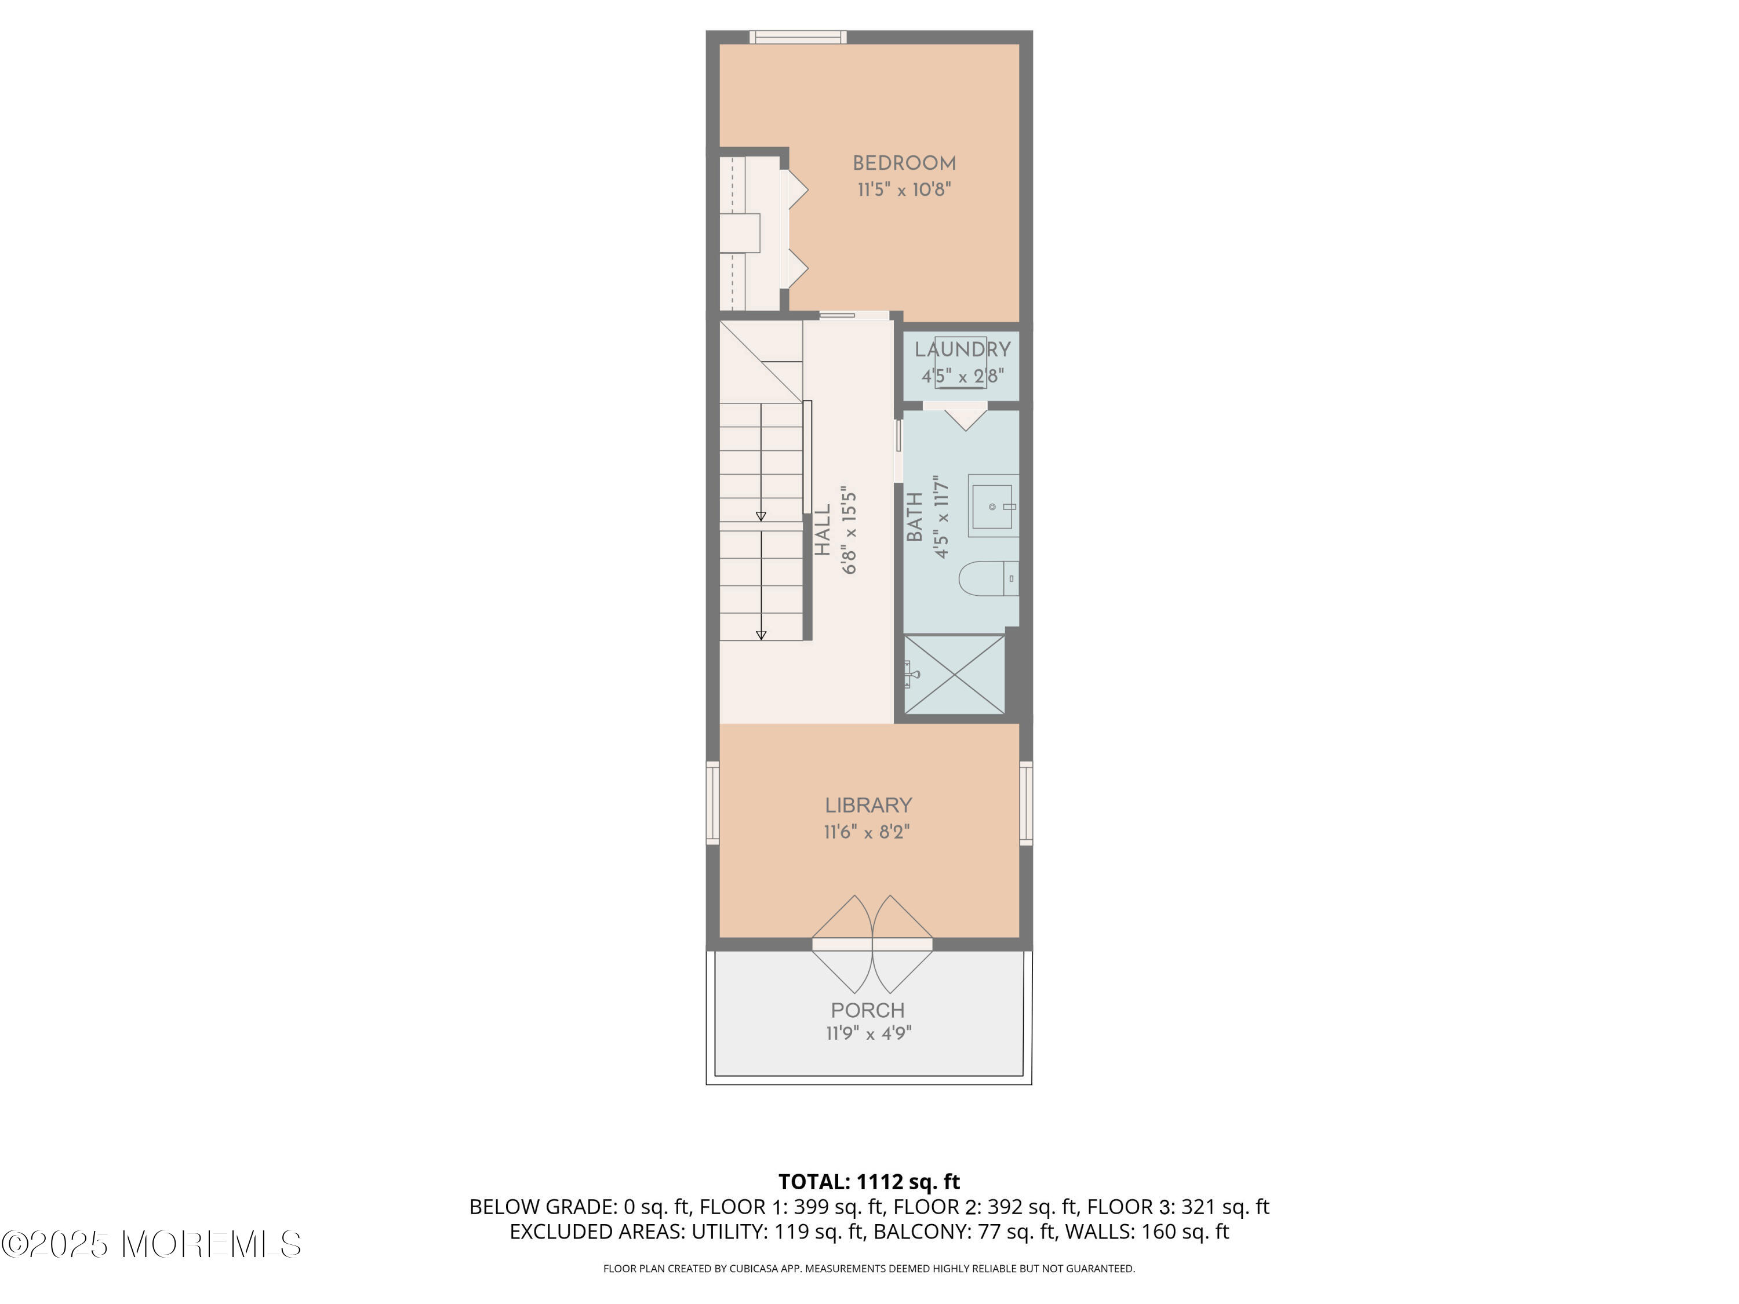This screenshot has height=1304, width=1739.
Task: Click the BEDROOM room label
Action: pyautogui.click(x=904, y=163)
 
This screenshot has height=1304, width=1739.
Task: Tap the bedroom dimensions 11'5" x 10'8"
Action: pyautogui.click(x=904, y=190)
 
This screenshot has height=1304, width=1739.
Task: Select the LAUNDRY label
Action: pyautogui.click(x=962, y=349)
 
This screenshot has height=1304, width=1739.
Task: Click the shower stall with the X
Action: pyautogui.click(x=954, y=675)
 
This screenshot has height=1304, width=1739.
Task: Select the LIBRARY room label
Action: pyautogui.click(x=868, y=805)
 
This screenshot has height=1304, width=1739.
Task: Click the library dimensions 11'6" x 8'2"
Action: pyautogui.click(x=867, y=832)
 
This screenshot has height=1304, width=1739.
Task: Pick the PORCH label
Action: pyautogui.click(x=868, y=1010)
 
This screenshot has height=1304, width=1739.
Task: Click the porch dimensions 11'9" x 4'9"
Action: pyautogui.click(x=868, y=1033)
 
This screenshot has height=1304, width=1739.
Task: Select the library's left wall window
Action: pyautogui.click(x=712, y=803)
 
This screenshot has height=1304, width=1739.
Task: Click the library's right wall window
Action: pyautogui.click(x=1026, y=803)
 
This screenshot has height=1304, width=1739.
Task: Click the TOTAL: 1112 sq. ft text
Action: pyautogui.click(x=869, y=1181)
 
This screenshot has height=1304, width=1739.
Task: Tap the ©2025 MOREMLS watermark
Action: pyautogui.click(x=151, y=1244)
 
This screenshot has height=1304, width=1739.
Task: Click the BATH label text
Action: pyautogui.click(x=914, y=516)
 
